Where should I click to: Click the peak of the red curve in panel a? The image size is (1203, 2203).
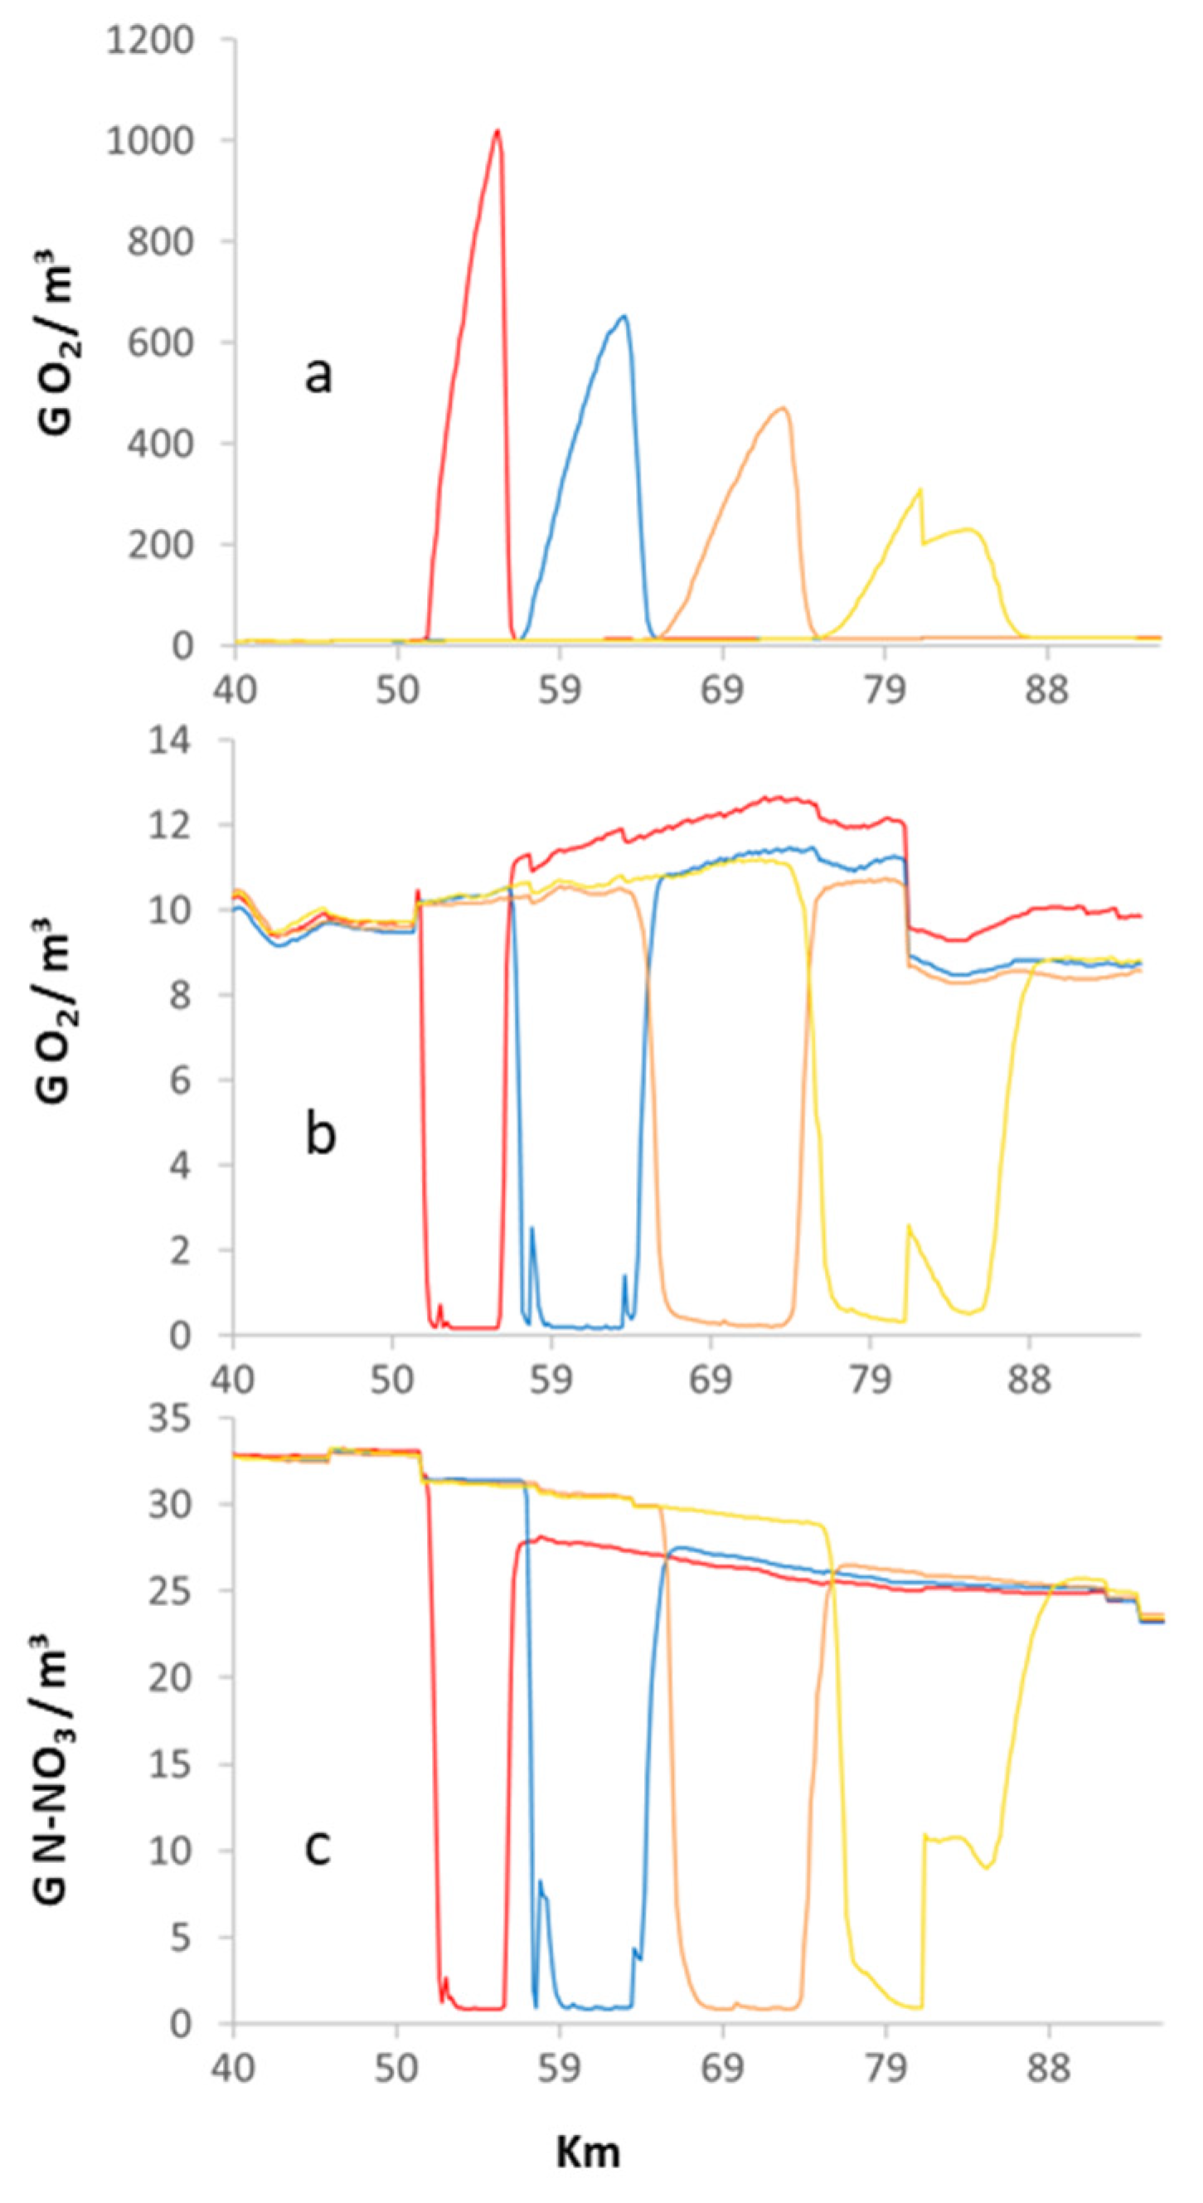point(497,131)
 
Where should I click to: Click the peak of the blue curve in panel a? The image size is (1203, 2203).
point(624,316)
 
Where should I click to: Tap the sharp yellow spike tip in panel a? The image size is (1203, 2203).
point(920,489)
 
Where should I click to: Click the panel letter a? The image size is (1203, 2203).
point(318,375)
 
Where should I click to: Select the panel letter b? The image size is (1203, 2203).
point(321,1135)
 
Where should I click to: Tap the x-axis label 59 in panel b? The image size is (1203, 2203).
point(550,1379)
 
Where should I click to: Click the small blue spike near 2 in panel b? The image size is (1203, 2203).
point(531,1229)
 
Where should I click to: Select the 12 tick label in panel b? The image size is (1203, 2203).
point(195,825)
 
